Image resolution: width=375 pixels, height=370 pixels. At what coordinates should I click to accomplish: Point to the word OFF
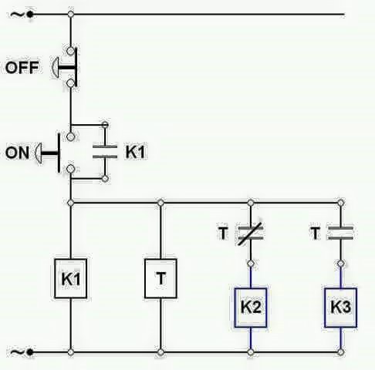[x=22, y=68]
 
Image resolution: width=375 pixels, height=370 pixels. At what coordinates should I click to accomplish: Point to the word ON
[x=17, y=153]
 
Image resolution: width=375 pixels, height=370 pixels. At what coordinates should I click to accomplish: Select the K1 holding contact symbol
[x=105, y=152]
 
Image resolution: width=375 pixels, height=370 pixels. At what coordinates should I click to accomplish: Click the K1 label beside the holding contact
[x=134, y=153]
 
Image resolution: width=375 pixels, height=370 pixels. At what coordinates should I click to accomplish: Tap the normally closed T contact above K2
[x=250, y=233]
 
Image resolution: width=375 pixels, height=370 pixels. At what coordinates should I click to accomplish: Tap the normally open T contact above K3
[x=340, y=233]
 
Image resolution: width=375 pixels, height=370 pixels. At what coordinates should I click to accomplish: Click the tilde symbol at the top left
[x=15, y=13]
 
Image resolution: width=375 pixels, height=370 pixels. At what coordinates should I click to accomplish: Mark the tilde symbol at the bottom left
[x=15, y=352]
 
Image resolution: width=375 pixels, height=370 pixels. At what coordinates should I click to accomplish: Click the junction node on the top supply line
[x=70, y=14]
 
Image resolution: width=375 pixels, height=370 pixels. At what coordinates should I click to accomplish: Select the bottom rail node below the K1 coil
[x=70, y=353]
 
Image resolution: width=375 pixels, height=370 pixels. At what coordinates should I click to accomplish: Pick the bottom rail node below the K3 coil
[x=340, y=353]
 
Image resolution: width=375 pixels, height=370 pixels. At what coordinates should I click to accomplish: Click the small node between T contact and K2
[x=250, y=263]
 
